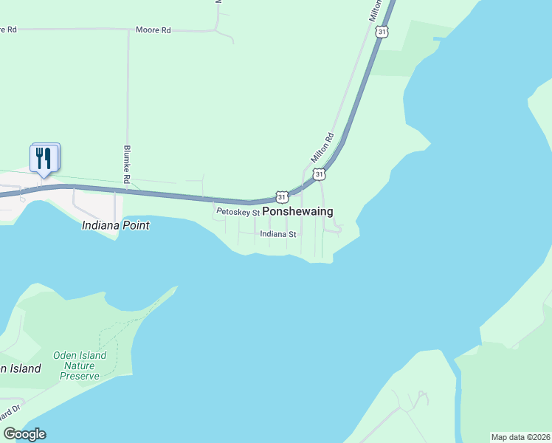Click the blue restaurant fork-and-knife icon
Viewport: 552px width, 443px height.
[44, 157]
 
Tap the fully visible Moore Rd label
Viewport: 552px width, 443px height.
[153, 30]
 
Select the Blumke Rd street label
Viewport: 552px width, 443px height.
[127, 164]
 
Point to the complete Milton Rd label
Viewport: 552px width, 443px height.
[322, 147]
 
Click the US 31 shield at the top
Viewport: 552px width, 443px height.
[381, 31]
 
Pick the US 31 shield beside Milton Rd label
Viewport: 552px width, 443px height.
[318, 174]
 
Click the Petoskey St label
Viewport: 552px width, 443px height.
[238, 213]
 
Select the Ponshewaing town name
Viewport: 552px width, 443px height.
[297, 211]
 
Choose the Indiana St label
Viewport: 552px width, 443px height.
[277, 234]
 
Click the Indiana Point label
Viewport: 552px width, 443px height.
[116, 225]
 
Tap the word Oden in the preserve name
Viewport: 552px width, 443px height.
[64, 355]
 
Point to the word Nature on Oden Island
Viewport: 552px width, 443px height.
[80, 365]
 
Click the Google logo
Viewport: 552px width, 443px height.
[24, 434]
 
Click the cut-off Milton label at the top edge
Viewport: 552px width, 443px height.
[375, 9]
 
